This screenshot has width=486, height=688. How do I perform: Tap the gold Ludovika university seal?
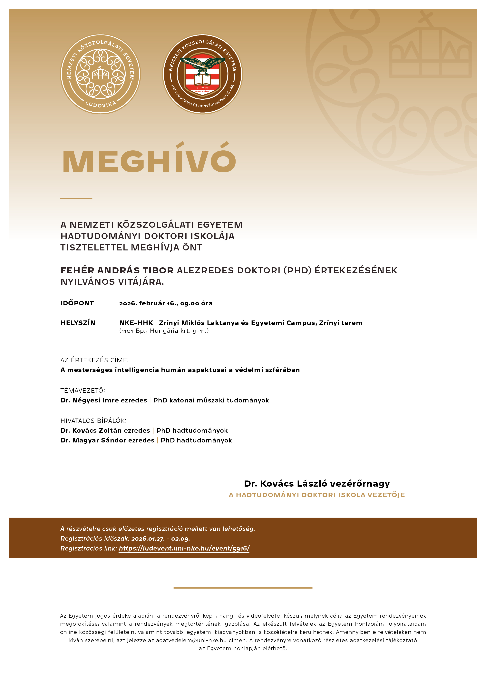point(100,74)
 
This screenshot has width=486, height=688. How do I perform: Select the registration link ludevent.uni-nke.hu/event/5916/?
point(184,548)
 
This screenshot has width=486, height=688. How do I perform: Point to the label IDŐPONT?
point(77,303)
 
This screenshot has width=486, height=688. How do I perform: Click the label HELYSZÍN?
point(78,323)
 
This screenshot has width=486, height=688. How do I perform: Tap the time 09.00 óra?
point(196,303)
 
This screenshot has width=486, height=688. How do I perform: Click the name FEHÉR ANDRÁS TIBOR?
point(117,271)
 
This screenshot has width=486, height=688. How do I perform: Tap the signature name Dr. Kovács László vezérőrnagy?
point(317,484)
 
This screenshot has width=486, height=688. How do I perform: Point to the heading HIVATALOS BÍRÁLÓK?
point(93,421)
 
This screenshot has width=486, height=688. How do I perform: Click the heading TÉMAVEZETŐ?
point(83,390)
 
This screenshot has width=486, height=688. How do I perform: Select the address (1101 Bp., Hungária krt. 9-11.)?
point(164,331)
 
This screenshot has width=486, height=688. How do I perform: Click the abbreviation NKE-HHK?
point(136,323)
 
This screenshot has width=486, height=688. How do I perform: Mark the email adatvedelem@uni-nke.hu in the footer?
point(191,640)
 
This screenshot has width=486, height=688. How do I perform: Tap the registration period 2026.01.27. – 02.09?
point(160,539)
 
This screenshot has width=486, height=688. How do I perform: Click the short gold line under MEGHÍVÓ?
point(76,198)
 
